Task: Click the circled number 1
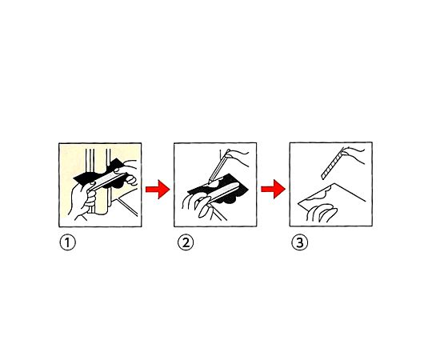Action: pos(67,243)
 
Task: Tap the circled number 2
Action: pos(186,243)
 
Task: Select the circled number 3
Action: pos(300,243)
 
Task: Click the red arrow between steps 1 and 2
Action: pos(158,190)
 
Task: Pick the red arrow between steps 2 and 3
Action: pos(273,189)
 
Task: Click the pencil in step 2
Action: pos(218,167)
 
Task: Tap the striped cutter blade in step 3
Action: pos(333,164)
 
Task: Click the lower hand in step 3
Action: pos(322,213)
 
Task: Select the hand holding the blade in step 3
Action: pos(354,154)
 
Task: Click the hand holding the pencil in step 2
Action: pos(238,157)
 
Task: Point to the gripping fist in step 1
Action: pos(82,200)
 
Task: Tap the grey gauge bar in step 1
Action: pos(107,181)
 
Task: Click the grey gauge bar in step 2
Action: pos(222,192)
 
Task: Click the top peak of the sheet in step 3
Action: pos(334,183)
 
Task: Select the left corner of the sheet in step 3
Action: pos(299,203)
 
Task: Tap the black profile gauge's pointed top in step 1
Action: pos(117,159)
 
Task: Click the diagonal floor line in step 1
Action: pos(127,207)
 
